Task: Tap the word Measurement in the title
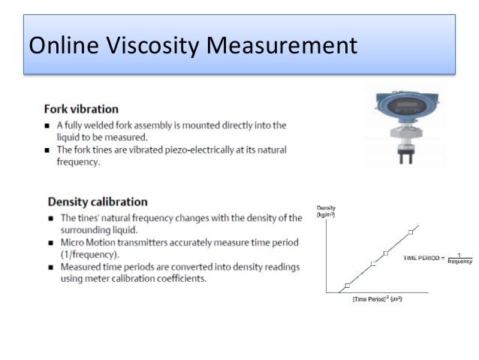click(x=281, y=46)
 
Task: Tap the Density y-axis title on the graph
click(x=326, y=207)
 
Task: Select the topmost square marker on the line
click(x=411, y=231)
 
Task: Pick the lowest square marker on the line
click(x=347, y=286)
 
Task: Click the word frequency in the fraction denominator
click(x=459, y=262)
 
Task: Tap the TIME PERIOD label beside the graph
click(x=423, y=258)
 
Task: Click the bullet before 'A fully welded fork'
click(x=50, y=125)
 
